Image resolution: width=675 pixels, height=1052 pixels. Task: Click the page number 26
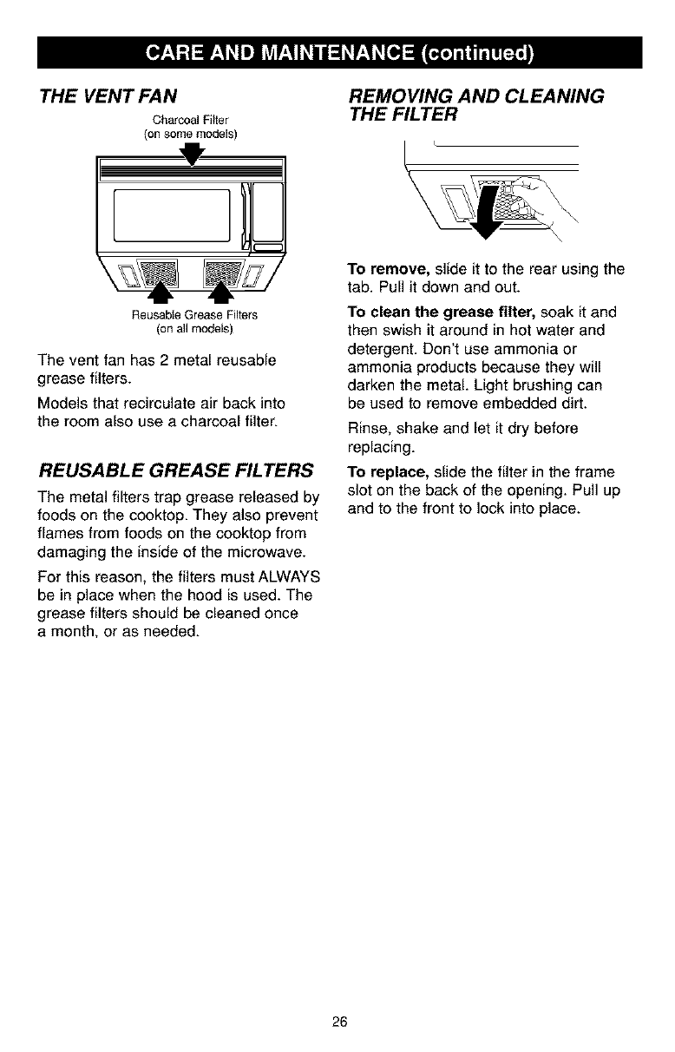pos(338,1020)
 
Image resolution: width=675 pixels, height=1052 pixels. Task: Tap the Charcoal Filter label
pos(189,119)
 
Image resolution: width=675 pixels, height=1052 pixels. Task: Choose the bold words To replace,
pos(383,472)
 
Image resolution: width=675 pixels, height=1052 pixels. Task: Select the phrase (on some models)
pos(189,133)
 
